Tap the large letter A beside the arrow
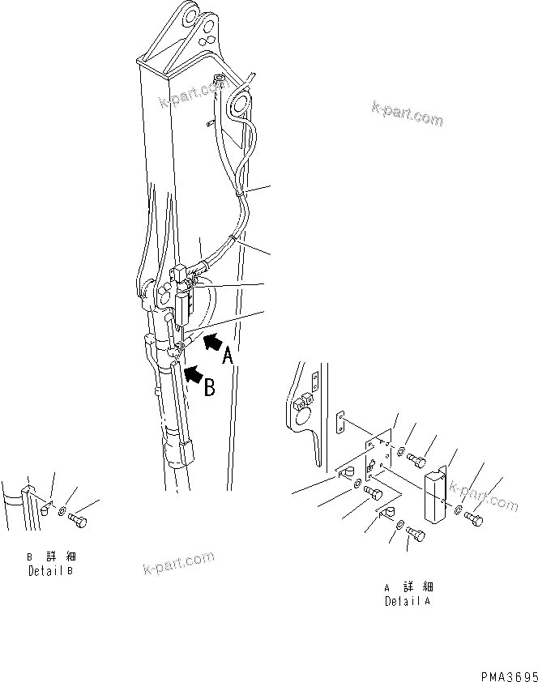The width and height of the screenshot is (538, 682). coord(230,356)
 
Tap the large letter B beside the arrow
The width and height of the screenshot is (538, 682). coord(209,388)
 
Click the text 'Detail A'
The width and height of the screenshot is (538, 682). coord(407,602)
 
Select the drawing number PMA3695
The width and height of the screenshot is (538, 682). coord(503,675)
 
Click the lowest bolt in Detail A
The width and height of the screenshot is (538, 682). coord(415,534)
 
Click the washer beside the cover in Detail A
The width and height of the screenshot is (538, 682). coord(459,510)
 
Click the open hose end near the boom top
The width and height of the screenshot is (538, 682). coord(217,79)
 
